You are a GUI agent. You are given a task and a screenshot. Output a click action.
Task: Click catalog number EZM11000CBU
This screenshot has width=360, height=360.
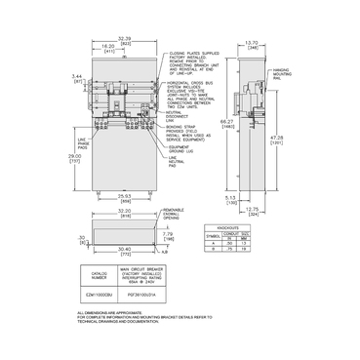coord(100,291)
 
